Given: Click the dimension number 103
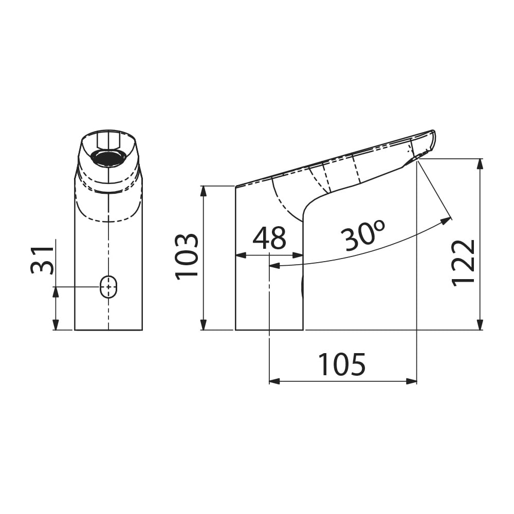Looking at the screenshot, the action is [187, 256].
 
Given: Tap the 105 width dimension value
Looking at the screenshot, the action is [342, 364].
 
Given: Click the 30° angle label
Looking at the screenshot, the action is [362, 235].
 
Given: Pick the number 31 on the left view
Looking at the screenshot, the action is [42, 260].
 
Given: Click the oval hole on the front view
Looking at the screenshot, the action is [108, 287].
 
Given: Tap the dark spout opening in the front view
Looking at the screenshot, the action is [108, 158].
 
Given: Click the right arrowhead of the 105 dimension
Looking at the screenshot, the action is [411, 381].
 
